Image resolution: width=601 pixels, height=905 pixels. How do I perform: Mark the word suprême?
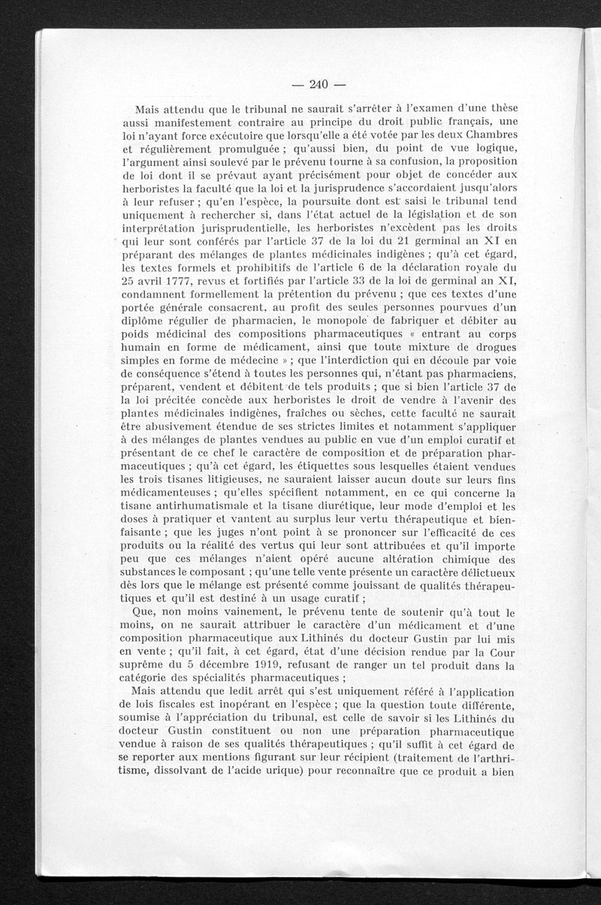(x=143, y=665)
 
